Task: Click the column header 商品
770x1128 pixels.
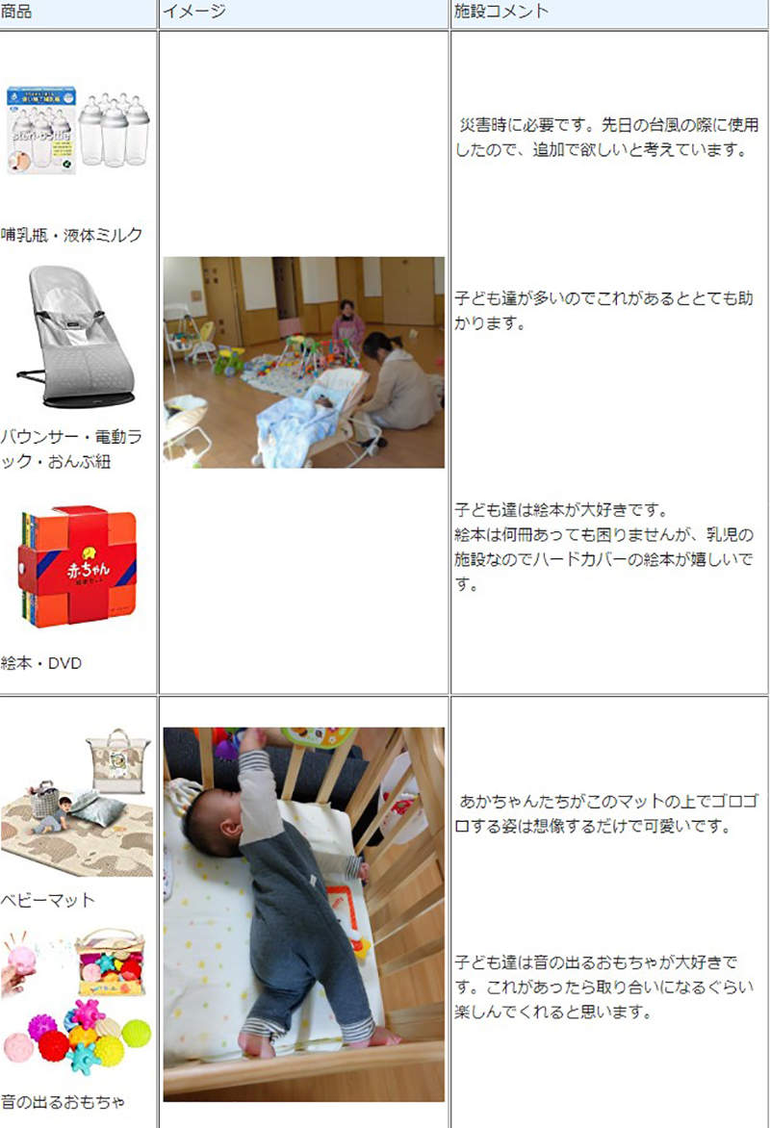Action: tap(16, 12)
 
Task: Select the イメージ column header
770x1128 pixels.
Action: tap(193, 12)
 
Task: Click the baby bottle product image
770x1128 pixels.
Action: tap(77, 130)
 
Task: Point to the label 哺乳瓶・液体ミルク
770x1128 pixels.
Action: tap(72, 235)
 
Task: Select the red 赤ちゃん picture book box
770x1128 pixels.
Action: tap(77, 566)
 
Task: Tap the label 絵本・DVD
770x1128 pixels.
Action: tap(41, 663)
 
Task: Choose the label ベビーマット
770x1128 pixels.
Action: tap(48, 900)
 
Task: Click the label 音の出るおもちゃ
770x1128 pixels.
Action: tap(63, 1101)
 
